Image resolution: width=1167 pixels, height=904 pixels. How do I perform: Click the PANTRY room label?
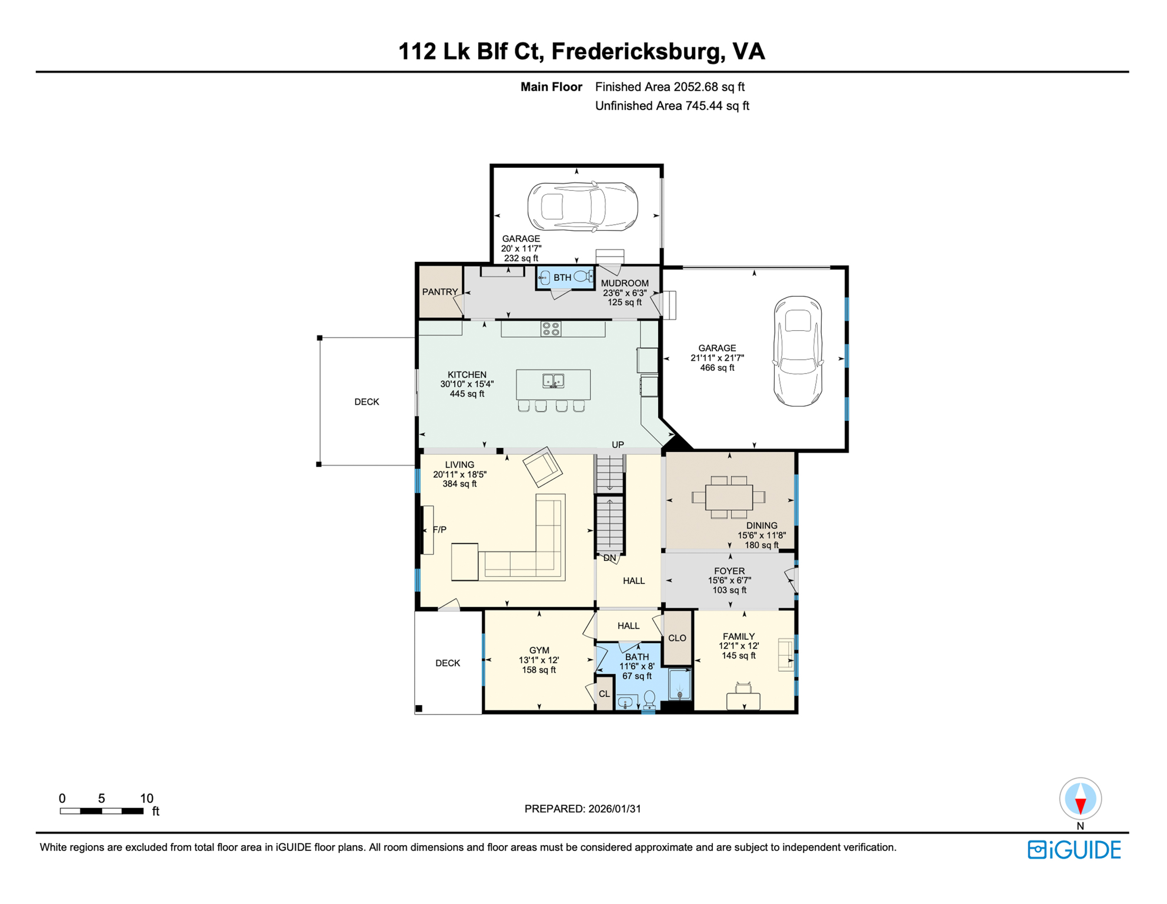[440, 292]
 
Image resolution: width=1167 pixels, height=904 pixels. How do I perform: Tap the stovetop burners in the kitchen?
[551, 329]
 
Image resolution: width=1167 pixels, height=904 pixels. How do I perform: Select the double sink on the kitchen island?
[553, 381]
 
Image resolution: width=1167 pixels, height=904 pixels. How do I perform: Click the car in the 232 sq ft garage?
[582, 206]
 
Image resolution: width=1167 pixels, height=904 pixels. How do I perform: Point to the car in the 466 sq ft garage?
[798, 351]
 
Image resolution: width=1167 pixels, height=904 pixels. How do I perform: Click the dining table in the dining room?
[729, 497]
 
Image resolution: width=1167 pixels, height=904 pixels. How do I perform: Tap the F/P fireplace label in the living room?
[439, 530]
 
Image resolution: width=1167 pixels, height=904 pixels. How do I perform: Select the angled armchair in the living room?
[542, 467]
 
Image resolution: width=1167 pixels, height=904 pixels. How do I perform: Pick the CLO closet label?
[677, 638]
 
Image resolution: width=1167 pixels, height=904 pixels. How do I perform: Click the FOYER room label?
[729, 571]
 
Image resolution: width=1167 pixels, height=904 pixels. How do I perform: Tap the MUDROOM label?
[625, 283]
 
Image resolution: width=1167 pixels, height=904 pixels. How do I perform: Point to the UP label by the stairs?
[618, 445]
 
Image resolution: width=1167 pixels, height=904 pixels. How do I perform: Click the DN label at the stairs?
[609, 558]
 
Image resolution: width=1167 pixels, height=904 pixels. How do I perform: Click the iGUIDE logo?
[1075, 850]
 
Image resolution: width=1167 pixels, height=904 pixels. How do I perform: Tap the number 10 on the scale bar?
[146, 799]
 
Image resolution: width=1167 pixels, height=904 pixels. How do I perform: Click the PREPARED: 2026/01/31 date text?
[583, 809]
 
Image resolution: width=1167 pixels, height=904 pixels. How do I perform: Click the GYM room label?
[539, 650]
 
